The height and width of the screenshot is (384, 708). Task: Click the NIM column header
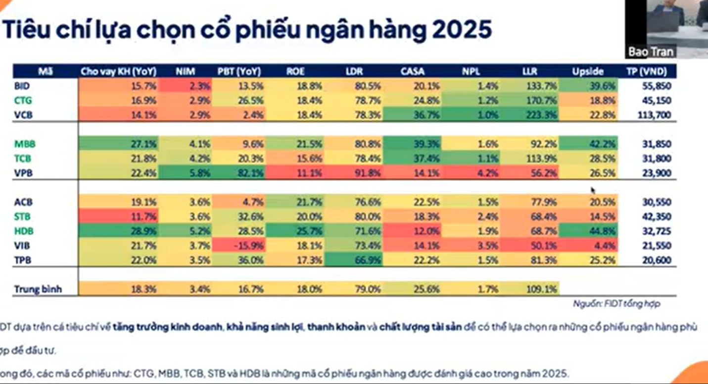tap(186, 71)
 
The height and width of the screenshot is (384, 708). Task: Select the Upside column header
tap(588, 71)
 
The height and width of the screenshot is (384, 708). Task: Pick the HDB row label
tap(24, 231)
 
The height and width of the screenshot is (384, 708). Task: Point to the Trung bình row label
tap(38, 289)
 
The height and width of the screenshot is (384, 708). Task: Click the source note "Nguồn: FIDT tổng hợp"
tap(616, 304)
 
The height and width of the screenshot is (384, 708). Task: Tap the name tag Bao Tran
tap(651, 52)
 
